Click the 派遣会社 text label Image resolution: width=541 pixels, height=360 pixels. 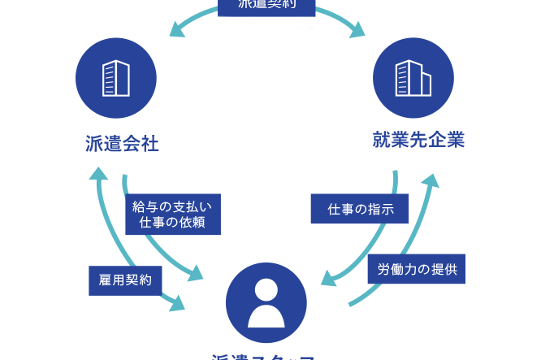point(121,144)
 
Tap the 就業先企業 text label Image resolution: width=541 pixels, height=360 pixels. point(418,140)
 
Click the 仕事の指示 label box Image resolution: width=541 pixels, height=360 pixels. point(360,209)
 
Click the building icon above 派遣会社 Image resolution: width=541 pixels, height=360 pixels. point(115,78)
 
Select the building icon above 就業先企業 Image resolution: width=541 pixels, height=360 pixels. point(413,78)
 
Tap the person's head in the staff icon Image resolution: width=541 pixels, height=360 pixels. point(266,288)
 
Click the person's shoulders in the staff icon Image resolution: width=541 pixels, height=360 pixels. point(266,314)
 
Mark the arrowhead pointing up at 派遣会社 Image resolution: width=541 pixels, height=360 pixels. point(98,173)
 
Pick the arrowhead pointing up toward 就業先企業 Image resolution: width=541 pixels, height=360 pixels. point(431,178)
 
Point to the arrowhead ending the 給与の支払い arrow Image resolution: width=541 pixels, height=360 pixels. point(195,273)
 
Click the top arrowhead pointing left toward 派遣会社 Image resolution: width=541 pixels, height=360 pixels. point(174,32)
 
